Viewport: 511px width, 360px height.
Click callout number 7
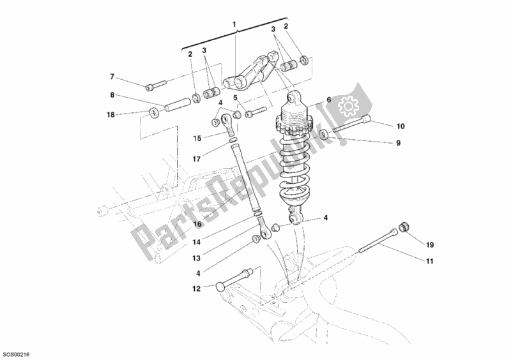coord(112,77)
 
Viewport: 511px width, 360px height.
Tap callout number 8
coord(112,95)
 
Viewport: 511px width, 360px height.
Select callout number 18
coord(110,115)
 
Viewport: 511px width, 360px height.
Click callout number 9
coord(398,143)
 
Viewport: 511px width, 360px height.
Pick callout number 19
coord(430,244)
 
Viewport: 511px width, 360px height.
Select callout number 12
coord(197,289)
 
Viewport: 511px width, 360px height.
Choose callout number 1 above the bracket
coord(234,25)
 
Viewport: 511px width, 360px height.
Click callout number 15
coord(198,138)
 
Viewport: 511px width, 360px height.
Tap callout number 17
coord(198,159)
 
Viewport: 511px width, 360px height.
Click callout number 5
coord(235,98)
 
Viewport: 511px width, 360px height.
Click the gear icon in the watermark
coord(349,104)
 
